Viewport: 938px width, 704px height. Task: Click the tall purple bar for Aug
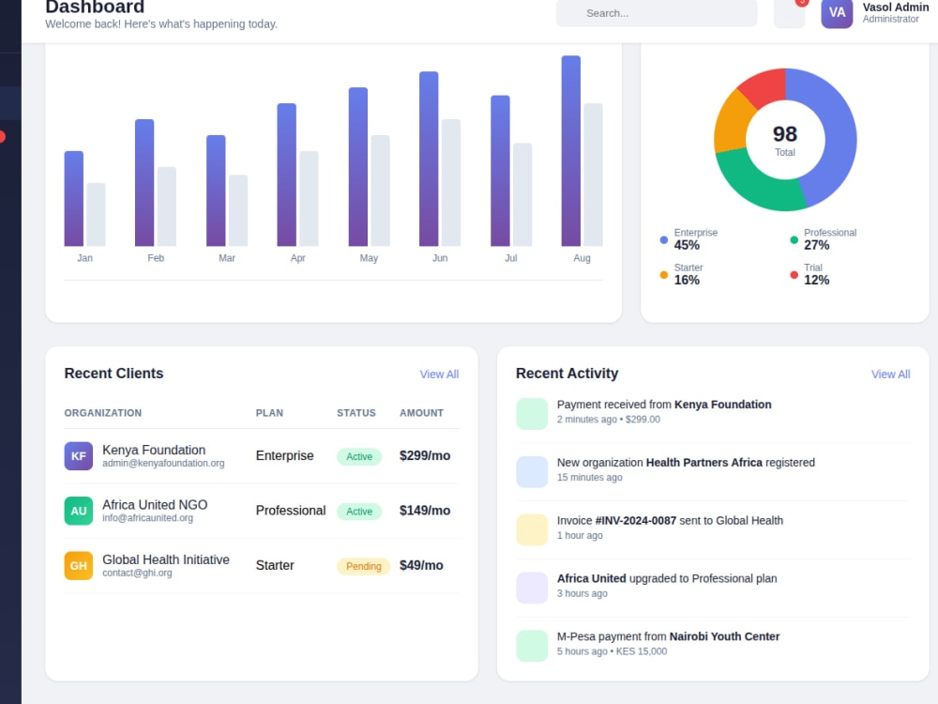coord(570,151)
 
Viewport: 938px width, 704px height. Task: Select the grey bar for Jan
coord(96,214)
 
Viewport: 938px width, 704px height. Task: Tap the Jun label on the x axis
coord(440,258)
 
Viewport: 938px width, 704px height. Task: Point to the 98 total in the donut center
coord(785,134)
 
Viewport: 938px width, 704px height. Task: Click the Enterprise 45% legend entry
coord(688,239)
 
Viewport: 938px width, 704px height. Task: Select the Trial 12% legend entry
coord(809,274)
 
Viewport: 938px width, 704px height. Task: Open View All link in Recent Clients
coord(439,375)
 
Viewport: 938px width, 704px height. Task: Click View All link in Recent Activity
coord(891,375)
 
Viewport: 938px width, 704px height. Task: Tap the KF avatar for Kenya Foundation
coord(79,456)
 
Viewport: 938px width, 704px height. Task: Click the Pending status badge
coord(364,566)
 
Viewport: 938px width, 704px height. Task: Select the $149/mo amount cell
coord(425,511)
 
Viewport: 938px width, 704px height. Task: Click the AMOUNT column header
coord(422,413)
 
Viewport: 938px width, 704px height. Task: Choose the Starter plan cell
coord(275,566)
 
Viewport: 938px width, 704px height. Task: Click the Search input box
coord(657,13)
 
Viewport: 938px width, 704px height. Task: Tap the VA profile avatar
coord(837,13)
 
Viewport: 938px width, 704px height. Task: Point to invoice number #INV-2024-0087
coord(636,521)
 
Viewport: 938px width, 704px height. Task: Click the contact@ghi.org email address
coord(137,573)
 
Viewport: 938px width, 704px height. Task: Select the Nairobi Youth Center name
coord(724,636)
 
